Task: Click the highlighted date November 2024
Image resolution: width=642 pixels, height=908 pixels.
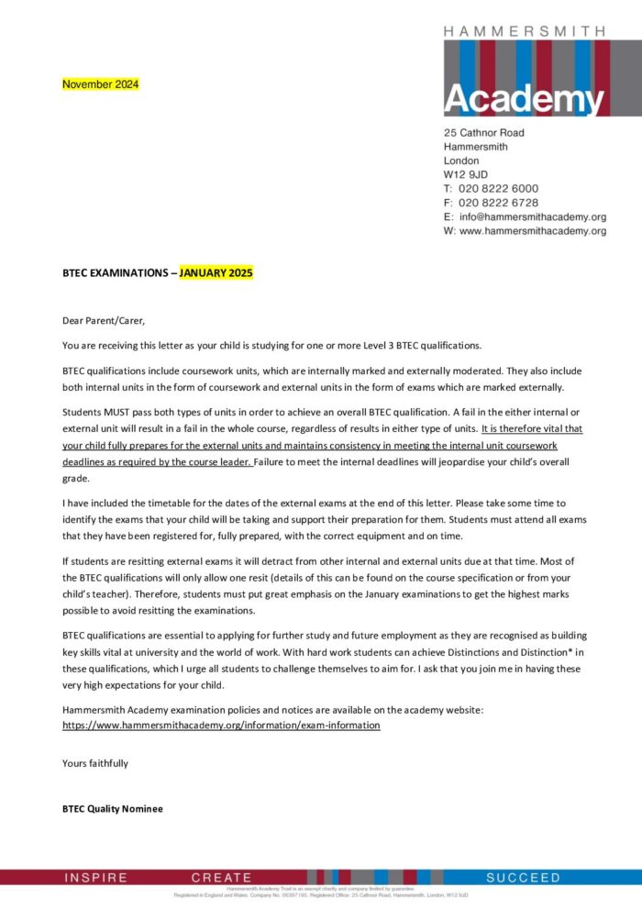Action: click(101, 84)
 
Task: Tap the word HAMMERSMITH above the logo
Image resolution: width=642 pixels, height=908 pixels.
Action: click(525, 31)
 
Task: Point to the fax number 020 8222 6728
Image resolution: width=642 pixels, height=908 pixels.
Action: click(498, 203)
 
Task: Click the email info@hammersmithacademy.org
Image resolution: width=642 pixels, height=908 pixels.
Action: click(532, 217)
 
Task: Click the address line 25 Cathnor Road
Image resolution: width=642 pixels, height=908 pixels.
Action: click(484, 132)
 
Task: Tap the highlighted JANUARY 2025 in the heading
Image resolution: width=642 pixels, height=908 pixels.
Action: click(216, 273)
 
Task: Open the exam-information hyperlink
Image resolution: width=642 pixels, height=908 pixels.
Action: click(221, 725)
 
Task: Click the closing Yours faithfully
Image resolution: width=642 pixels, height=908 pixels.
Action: click(95, 763)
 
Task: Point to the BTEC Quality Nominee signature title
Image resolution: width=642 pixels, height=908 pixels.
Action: click(113, 809)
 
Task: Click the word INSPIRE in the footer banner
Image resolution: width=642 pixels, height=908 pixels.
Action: click(96, 878)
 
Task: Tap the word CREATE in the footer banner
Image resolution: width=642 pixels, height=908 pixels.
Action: click(221, 878)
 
